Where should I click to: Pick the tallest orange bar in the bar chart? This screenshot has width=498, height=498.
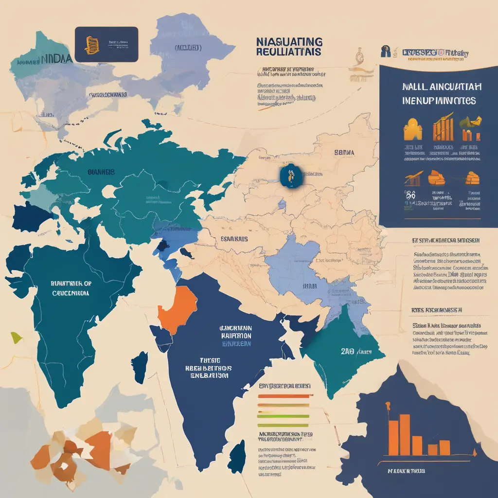393,434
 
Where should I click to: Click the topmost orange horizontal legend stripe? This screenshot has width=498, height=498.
283,396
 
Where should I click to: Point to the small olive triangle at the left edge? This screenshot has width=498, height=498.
16,337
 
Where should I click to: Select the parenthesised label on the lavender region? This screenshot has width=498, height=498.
188,48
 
